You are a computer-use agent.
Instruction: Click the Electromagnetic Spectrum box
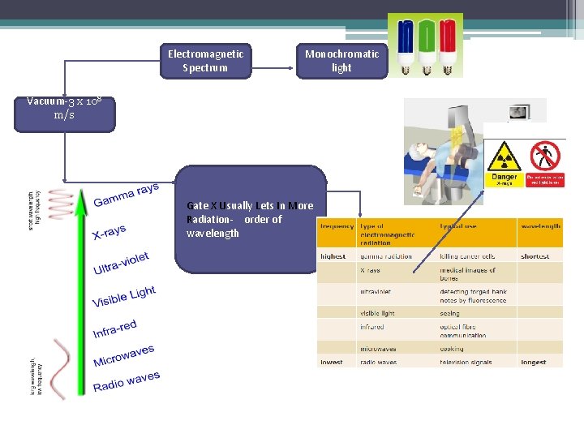205,61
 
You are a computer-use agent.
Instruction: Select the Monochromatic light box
341,61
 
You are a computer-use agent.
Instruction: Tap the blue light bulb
405,46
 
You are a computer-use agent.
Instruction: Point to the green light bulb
425,46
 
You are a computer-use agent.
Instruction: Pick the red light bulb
445,46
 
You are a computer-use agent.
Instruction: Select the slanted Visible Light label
123,297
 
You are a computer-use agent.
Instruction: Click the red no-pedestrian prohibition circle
545,156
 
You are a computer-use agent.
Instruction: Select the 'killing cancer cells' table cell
467,256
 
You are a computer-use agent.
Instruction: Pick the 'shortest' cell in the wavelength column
535,256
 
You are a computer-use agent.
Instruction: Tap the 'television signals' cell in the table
470,362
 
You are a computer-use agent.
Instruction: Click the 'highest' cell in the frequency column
333,256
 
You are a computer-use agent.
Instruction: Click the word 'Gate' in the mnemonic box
197,206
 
